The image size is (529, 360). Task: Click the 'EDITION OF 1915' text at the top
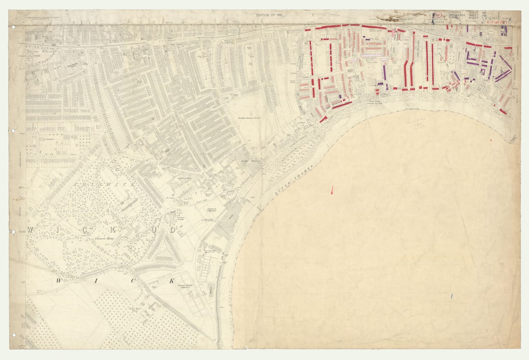tap(269, 16)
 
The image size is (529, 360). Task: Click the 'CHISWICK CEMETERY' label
tap(212, 210)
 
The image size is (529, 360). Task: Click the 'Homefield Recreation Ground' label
tap(252, 117)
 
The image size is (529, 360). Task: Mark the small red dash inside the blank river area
tap(332, 190)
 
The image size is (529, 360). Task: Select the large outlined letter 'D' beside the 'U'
tap(172, 231)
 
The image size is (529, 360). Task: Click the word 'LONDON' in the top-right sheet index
tap(454, 12)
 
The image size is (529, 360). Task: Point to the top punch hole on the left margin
tap(13, 26)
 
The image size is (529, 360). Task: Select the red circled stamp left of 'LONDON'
tap(437, 15)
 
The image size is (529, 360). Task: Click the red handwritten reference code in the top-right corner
tap(498, 22)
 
